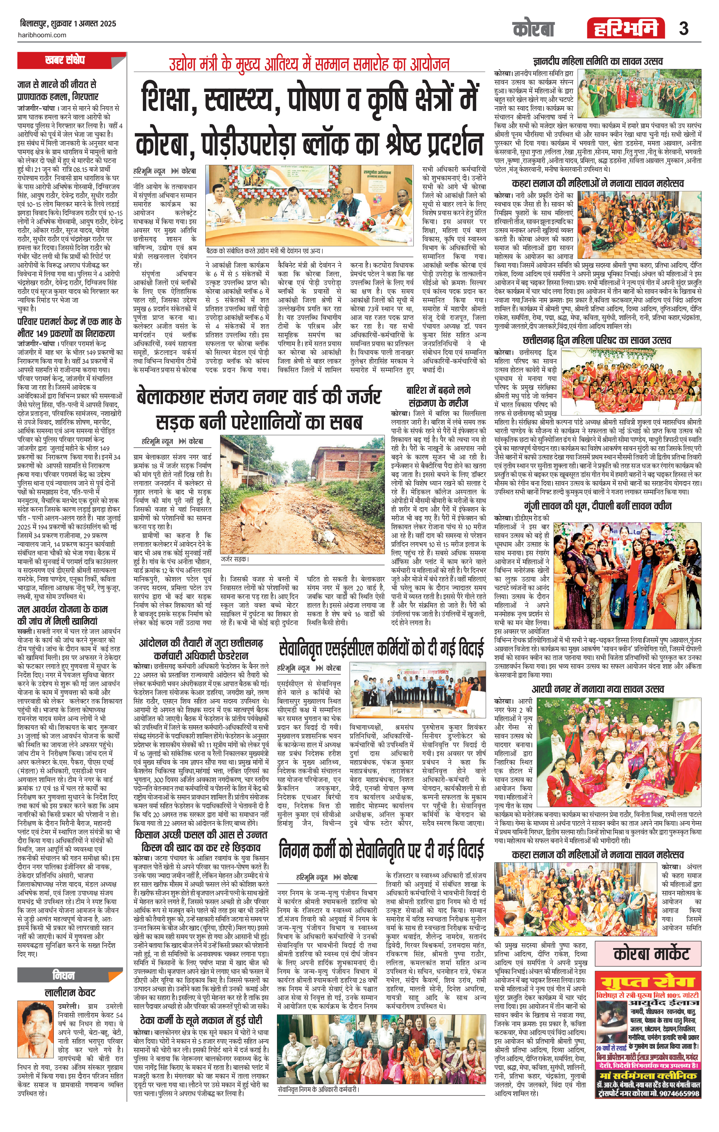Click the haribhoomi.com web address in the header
tap(43, 35)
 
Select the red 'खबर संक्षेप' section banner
tap(65, 60)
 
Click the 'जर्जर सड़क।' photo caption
tap(235, 560)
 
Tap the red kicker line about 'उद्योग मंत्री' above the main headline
tap(309, 64)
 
